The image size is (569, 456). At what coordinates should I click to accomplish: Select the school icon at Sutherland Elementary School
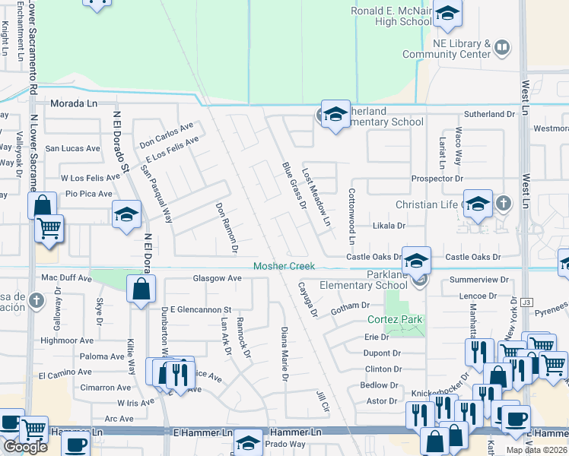click(x=335, y=114)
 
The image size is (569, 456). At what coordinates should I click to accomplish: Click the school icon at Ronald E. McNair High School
click(x=447, y=14)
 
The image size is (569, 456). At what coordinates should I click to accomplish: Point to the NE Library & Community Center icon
click(x=502, y=48)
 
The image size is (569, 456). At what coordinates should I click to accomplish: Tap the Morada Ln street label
click(x=75, y=103)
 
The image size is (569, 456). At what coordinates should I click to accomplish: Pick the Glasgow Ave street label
click(x=217, y=279)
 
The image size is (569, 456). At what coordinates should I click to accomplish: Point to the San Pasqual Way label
click(x=157, y=195)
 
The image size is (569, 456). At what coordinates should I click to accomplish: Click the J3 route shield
click(x=527, y=302)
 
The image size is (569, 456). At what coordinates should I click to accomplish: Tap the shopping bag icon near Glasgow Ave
click(x=141, y=289)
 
